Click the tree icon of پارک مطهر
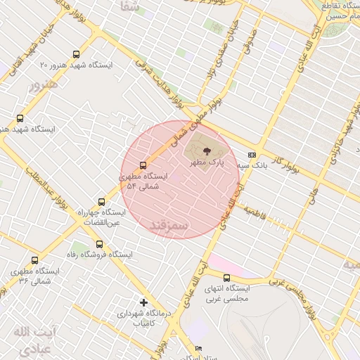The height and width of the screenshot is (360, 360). pyautogui.click(x=207, y=150)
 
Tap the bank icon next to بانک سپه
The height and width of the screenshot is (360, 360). pyautogui.click(x=252, y=155)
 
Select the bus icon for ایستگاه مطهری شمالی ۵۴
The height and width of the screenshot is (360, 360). pyautogui.click(x=143, y=166)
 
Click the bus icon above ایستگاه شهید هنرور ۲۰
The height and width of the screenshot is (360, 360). pyautogui.click(x=76, y=54)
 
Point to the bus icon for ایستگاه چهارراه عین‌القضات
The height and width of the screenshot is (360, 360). pyautogui.click(x=101, y=202)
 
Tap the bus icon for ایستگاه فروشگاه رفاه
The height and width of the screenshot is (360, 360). pyautogui.click(x=99, y=245)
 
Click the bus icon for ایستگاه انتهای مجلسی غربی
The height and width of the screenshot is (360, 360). pyautogui.click(x=226, y=278)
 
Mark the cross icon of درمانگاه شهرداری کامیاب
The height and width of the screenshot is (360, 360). pyautogui.click(x=143, y=302)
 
